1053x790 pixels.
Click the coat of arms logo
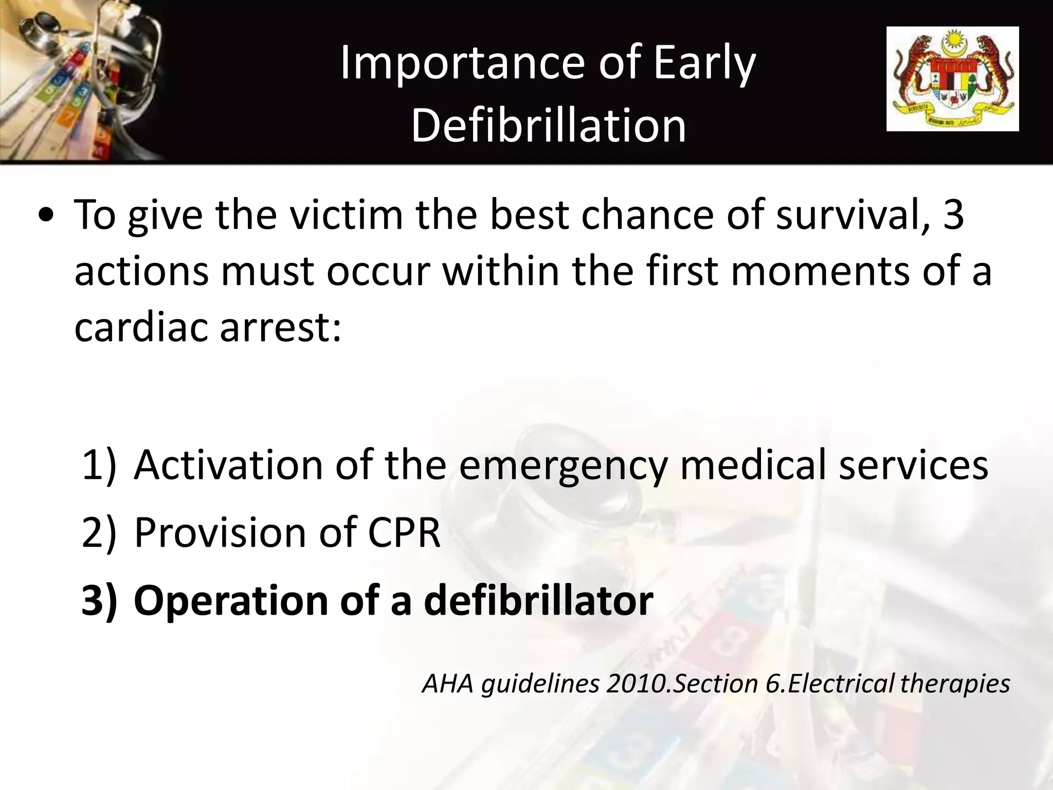point(952,79)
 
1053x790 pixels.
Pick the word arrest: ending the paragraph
point(281,328)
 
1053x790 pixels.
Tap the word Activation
point(228,464)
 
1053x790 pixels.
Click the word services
point(913,464)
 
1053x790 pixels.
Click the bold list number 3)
point(99,600)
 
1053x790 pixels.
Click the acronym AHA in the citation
point(447,684)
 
